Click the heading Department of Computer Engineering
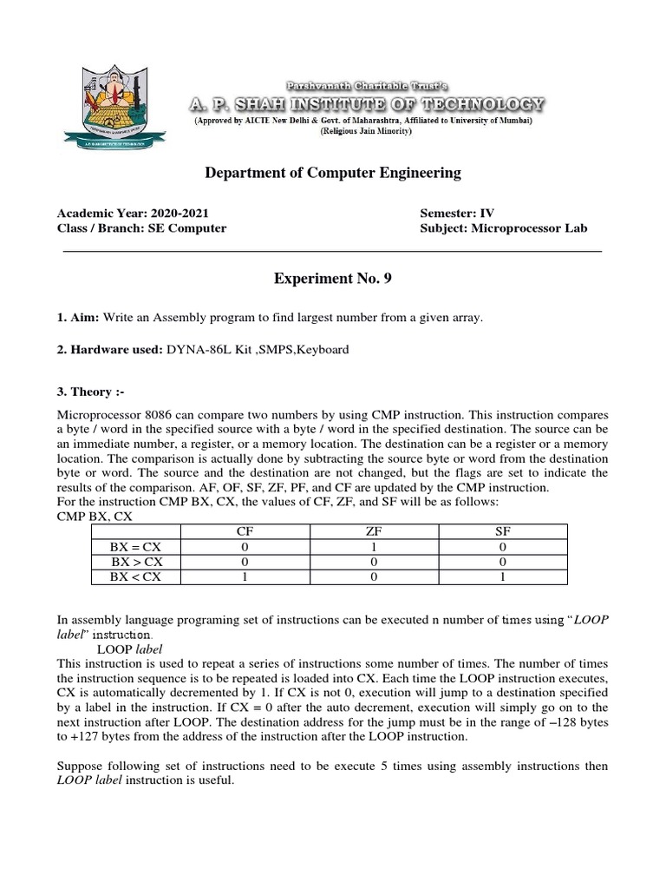pyautogui.click(x=333, y=173)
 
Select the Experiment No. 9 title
pyautogui.click(x=333, y=279)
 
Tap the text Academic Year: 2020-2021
pyautogui.click(x=133, y=213)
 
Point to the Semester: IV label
pyautogui.click(x=457, y=213)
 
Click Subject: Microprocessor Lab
pyautogui.click(x=503, y=228)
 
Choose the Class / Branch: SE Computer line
pyautogui.click(x=141, y=228)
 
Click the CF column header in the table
pyautogui.click(x=245, y=530)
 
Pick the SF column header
pyautogui.click(x=503, y=530)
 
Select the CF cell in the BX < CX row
pyautogui.click(x=245, y=576)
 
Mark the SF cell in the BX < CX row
pyautogui.click(x=503, y=576)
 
